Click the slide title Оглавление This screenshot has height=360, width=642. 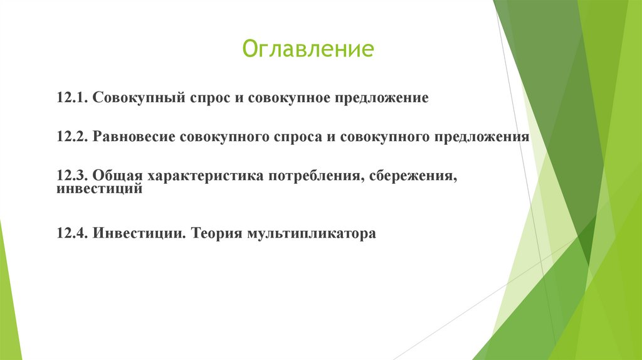pyautogui.click(x=308, y=49)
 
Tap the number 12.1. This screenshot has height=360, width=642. pyautogui.click(x=73, y=99)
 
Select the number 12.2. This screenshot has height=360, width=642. pyautogui.click(x=73, y=137)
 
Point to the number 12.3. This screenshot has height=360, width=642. pyautogui.click(x=73, y=177)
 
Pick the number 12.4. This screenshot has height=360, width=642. pyautogui.click(x=73, y=234)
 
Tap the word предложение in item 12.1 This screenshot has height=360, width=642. pyautogui.click(x=381, y=99)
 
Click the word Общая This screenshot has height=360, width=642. pyautogui.click(x=117, y=177)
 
